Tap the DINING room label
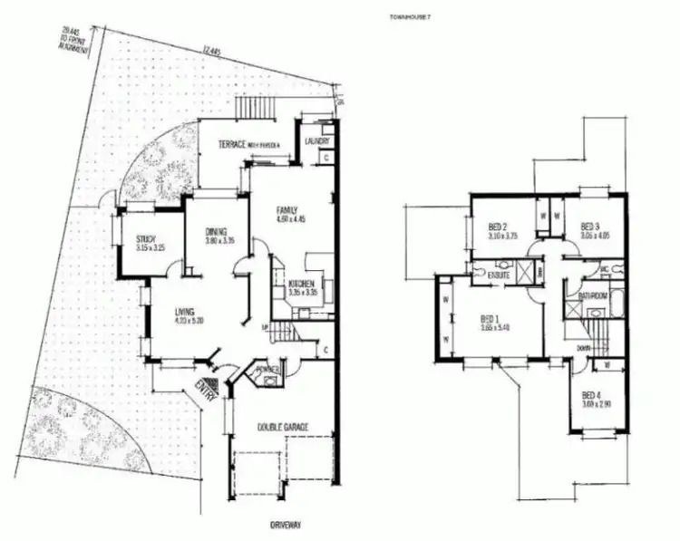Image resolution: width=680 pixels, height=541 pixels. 216,230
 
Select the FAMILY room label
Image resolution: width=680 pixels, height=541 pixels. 287,210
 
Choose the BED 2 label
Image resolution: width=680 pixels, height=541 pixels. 498,227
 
